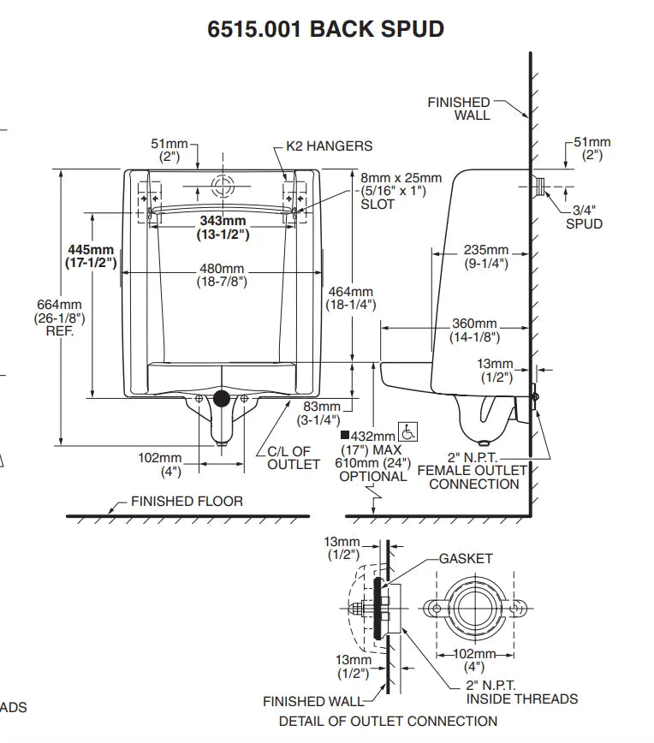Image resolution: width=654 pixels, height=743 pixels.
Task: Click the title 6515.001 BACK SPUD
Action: click(325, 29)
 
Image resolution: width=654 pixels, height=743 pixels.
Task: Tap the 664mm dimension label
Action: click(59, 318)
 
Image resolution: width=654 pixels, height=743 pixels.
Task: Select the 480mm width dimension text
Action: click(222, 275)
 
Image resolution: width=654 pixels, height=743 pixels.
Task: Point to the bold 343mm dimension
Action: click(223, 228)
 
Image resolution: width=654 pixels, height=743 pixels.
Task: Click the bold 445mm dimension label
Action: click(91, 256)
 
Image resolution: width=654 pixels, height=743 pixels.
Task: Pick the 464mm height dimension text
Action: click(351, 298)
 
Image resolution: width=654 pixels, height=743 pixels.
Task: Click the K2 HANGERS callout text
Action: click(329, 146)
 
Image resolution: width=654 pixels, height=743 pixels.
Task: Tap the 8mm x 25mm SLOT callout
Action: click(401, 191)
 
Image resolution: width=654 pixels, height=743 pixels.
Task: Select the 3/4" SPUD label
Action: click(584, 217)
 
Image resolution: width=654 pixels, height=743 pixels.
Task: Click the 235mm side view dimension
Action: click(485, 256)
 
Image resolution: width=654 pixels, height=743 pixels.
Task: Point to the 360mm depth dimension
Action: click(474, 330)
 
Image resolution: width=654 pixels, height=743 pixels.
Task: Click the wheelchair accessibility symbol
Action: click(407, 431)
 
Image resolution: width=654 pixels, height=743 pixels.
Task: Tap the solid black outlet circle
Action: click(222, 398)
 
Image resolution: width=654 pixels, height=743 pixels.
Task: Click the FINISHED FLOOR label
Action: click(187, 501)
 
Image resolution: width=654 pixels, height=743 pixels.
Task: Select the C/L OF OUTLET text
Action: click(294, 458)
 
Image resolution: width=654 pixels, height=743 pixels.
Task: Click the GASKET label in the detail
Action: click(466, 559)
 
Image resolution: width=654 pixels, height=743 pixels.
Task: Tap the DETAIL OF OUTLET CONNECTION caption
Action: click(388, 722)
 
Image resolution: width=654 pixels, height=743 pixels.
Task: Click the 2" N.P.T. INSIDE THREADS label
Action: click(522, 692)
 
